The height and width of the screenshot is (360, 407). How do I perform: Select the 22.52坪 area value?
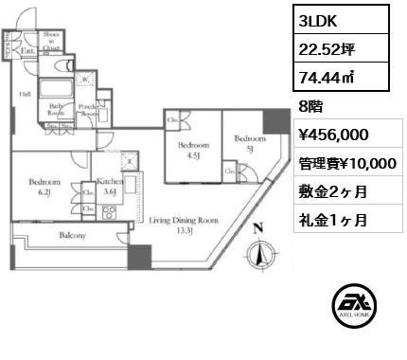[x=327, y=45]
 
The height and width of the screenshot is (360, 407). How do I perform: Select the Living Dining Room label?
[x=184, y=224]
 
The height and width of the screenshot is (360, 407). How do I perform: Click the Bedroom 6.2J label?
[x=44, y=187]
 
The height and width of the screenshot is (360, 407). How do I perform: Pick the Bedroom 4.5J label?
[x=193, y=150]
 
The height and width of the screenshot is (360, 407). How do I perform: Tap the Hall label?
[x=26, y=94]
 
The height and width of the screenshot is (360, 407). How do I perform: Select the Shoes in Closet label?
[x=51, y=40]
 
